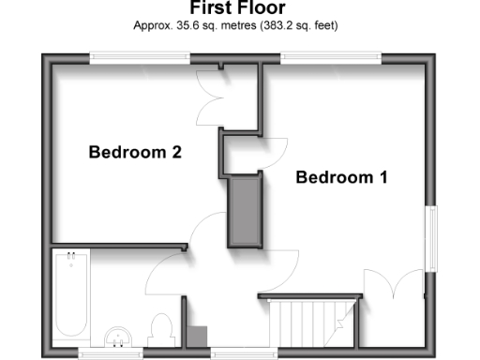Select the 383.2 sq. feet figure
pyautogui.click(x=299, y=25)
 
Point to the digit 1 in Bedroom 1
pyautogui.click(x=382, y=177)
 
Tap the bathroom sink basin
pyautogui.click(x=119, y=336)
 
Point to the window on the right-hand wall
pyautogui.click(x=433, y=238)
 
